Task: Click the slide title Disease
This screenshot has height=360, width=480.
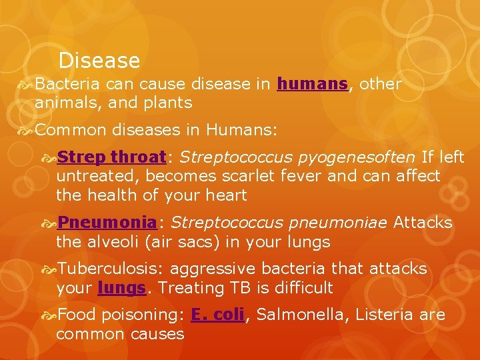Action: click(x=99, y=61)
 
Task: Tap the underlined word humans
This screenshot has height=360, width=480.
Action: click(x=312, y=84)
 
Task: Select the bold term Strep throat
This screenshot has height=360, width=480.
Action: click(x=111, y=157)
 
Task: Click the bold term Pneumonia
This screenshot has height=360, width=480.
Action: click(x=107, y=222)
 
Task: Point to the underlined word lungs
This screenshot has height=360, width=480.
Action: click(x=121, y=288)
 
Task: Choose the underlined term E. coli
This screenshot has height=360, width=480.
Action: click(x=217, y=315)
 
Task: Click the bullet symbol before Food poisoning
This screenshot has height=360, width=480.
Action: click(x=49, y=315)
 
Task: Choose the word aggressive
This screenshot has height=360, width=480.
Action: click(x=213, y=269)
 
